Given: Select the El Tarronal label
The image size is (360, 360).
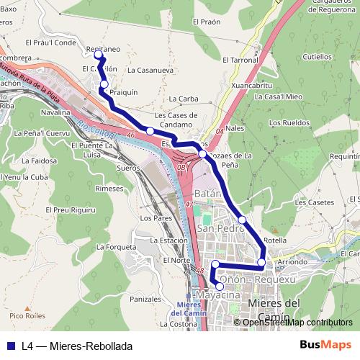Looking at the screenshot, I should pos(240,60).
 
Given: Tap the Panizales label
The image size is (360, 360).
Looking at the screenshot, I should pos(145,298).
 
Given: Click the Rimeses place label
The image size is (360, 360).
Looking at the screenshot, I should pos(109,188).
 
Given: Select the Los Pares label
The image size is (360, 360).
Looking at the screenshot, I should pos(156,217).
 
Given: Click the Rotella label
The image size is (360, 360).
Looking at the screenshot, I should pos(275,240).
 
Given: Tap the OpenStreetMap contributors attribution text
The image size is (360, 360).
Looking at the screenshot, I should pos(297,323).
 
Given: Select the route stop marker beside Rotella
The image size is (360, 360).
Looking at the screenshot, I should pos(261,262).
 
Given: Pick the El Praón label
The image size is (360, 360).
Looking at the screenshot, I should pos(205,22).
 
